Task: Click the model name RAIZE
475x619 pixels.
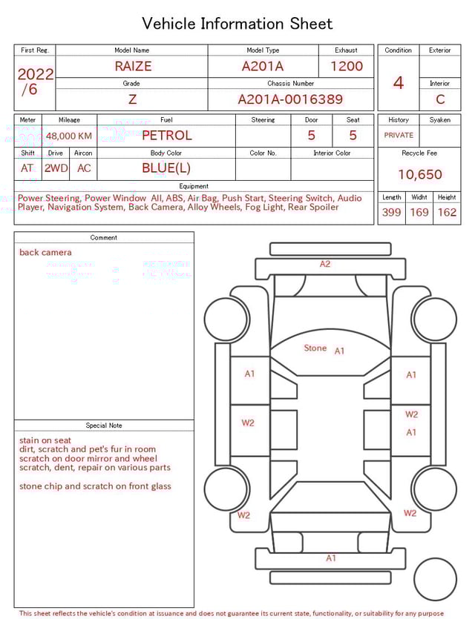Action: tap(133, 66)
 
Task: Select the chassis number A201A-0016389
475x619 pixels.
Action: tap(290, 99)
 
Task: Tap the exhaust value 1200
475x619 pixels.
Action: tap(347, 66)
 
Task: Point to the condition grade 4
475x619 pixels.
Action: tap(399, 82)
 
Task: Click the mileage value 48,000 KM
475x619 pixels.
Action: tap(69, 136)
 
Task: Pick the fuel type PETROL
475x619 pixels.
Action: tap(166, 136)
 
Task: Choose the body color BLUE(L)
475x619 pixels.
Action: tap(166, 168)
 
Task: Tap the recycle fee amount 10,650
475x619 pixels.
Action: tap(419, 174)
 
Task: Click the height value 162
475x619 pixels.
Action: tap(447, 212)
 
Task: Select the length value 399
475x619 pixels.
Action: tap(391, 212)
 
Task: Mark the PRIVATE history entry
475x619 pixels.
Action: tap(399, 136)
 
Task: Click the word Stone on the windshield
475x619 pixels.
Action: tap(315, 348)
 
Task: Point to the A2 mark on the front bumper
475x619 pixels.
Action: tap(325, 264)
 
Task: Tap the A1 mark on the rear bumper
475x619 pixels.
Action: tap(331, 558)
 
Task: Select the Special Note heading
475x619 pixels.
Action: tap(104, 426)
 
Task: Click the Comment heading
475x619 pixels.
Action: tap(104, 238)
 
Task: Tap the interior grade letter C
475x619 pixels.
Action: tap(440, 99)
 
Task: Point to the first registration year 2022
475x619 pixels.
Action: tap(35, 74)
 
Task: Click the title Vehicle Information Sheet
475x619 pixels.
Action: tap(237, 24)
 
